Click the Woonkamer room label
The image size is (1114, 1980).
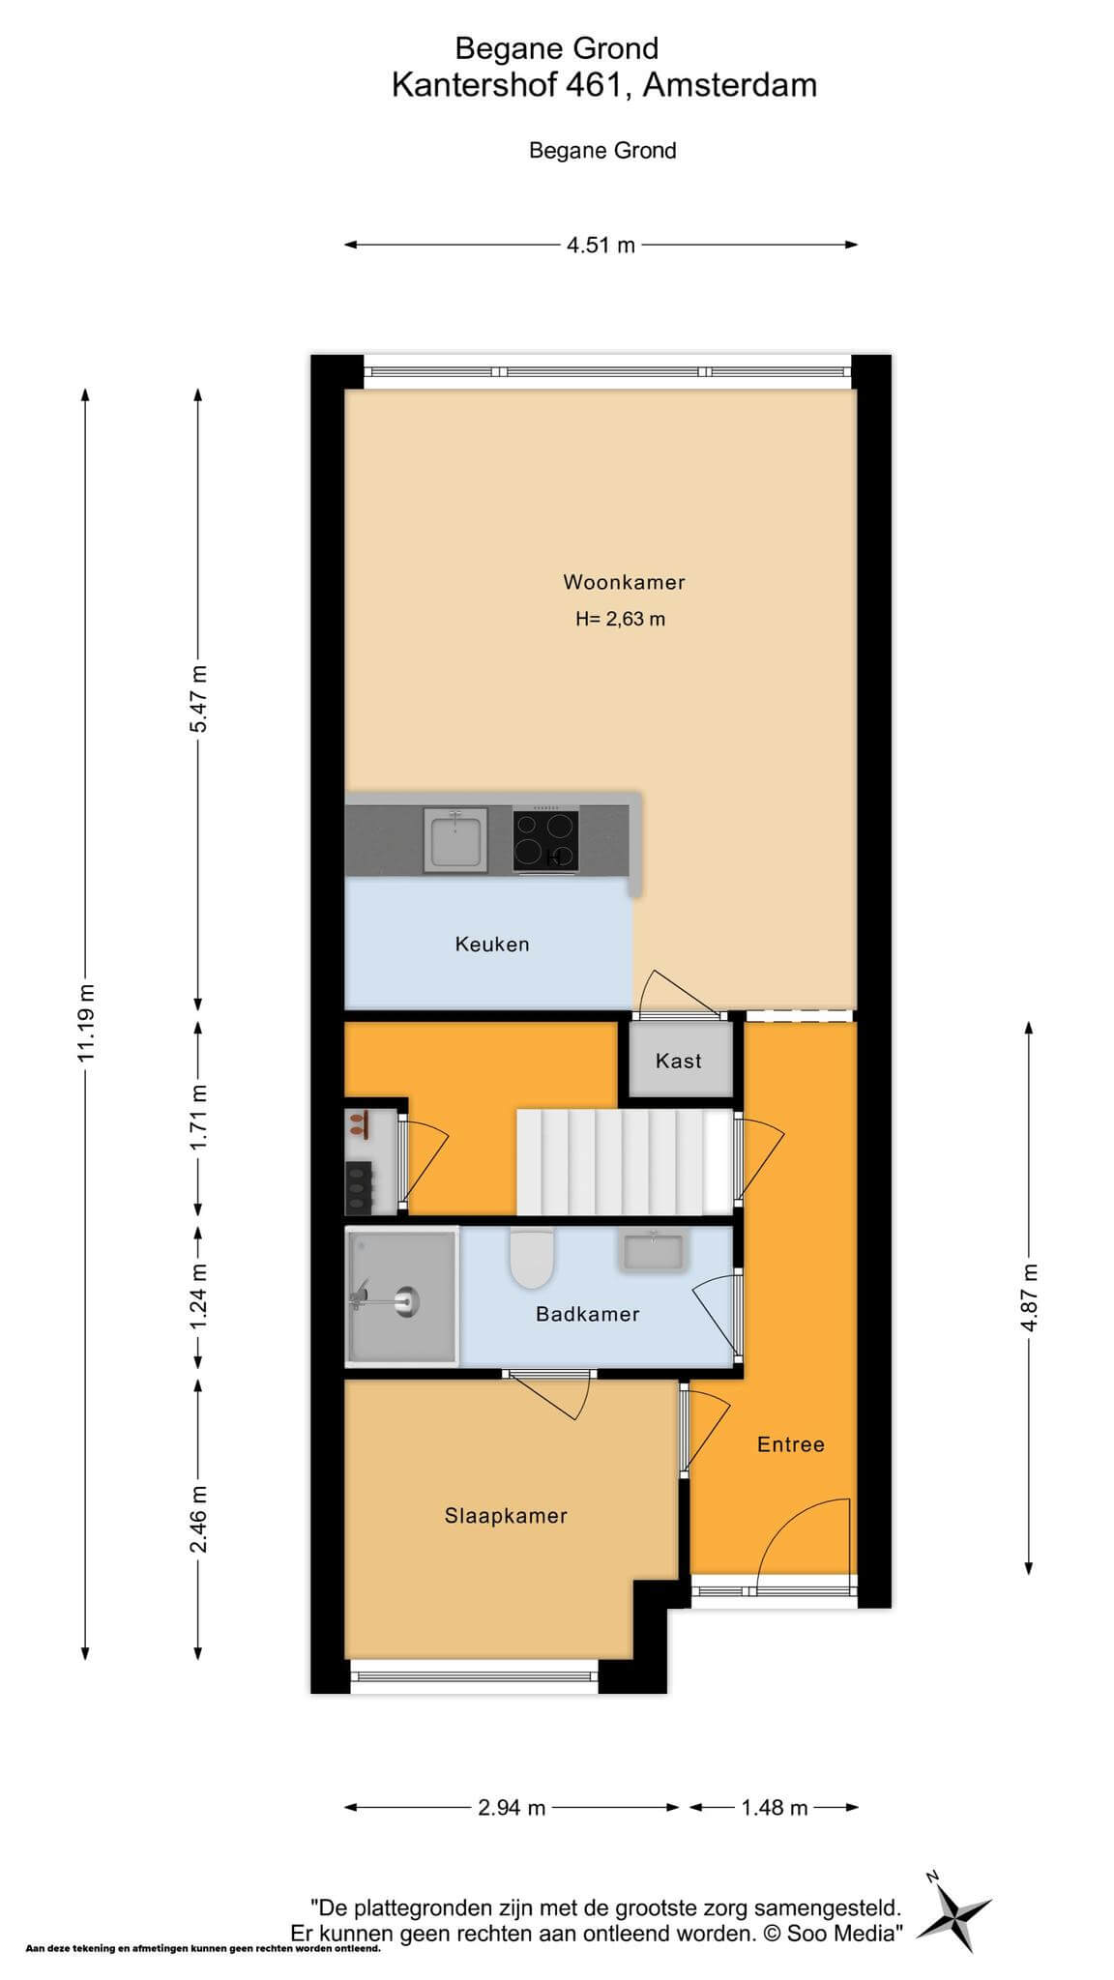624,582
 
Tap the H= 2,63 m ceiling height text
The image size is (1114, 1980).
620,619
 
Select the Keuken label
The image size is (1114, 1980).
492,945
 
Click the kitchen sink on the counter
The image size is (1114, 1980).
455,840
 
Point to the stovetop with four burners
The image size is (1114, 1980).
545,839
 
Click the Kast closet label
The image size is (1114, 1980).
679,1061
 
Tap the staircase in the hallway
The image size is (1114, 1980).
624,1161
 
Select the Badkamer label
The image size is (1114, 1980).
588,1314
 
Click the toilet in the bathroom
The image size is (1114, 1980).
531,1257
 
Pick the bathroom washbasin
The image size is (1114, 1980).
653,1249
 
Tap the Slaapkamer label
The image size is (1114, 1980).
506,1516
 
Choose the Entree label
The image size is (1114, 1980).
791,1444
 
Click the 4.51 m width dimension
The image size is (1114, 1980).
601,245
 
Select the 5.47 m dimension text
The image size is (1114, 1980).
198,698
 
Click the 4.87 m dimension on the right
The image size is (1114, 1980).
1029,1297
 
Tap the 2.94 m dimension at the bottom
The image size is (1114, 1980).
512,1807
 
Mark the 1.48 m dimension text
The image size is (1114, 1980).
775,1807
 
